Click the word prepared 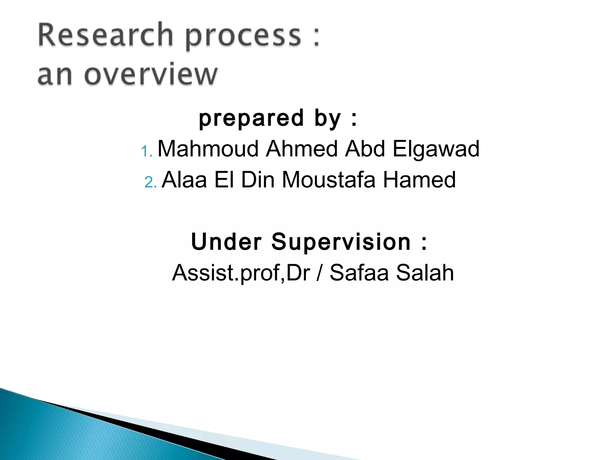(251, 118)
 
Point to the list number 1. (146, 151)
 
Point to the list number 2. (150, 182)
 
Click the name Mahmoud (208, 149)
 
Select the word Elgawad (436, 149)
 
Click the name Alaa (184, 180)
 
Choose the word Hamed (419, 180)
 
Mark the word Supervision (341, 242)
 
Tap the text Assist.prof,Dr (241, 273)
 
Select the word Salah (425, 273)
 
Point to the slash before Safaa (320, 273)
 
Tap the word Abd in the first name (365, 149)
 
